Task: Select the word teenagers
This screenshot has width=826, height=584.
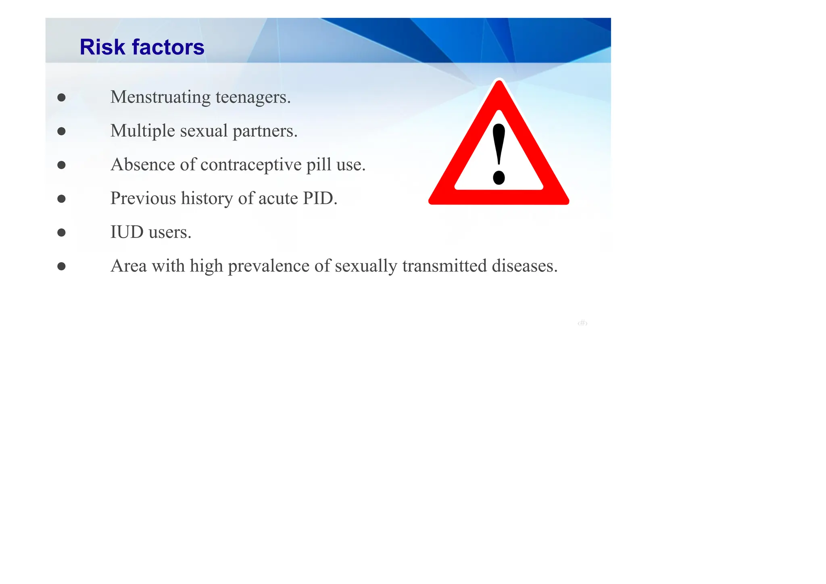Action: tap(253, 97)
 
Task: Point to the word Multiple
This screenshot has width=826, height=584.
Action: tap(143, 131)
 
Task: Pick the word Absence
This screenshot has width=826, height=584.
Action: tap(143, 165)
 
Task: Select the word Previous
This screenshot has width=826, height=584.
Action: tap(143, 198)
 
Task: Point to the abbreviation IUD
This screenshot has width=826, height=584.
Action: tap(127, 232)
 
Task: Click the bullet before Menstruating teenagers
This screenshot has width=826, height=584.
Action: tap(61, 97)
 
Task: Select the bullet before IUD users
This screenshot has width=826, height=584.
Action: tap(61, 232)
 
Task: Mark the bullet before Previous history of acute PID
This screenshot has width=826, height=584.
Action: tap(61, 198)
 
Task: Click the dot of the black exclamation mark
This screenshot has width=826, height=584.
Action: tap(499, 177)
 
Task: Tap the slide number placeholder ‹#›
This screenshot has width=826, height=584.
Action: tap(582, 323)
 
